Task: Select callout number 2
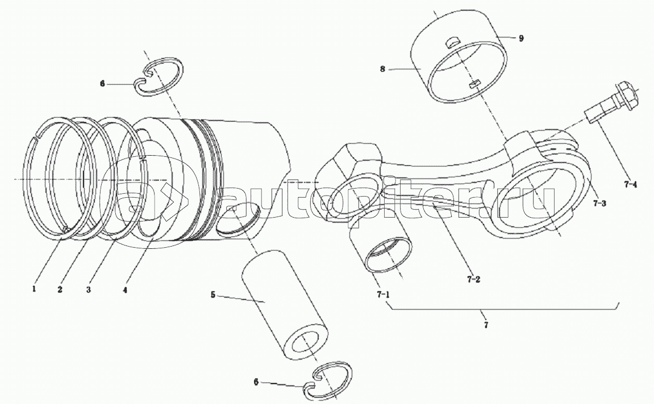click(x=60, y=289)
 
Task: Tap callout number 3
click(x=89, y=289)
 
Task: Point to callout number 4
click(x=124, y=290)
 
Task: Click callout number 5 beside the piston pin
click(x=213, y=295)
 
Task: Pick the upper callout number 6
click(x=103, y=84)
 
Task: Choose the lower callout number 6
click(x=256, y=381)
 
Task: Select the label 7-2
click(x=473, y=279)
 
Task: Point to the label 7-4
click(x=630, y=184)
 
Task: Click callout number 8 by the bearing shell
click(x=382, y=69)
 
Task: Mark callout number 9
click(x=521, y=38)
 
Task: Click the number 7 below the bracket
click(x=486, y=325)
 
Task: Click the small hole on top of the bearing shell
click(x=452, y=41)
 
